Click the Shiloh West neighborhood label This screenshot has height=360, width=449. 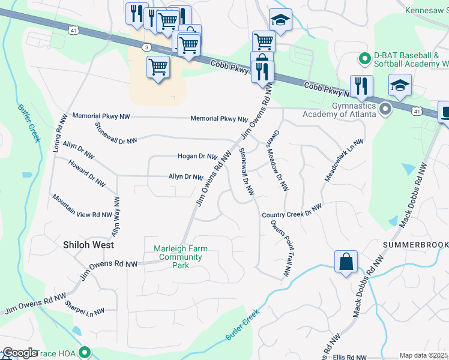click(88, 245)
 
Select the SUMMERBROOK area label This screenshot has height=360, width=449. click(416, 246)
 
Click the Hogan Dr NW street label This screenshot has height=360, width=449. click(197, 156)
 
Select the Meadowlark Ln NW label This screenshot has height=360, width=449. click(345, 161)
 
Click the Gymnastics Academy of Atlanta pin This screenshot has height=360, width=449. click(385, 109)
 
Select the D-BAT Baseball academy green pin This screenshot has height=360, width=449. click(364, 59)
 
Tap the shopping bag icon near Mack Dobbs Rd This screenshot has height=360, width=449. click(346, 262)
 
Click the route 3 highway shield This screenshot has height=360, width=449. click(147, 47)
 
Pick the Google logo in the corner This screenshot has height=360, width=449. click(20, 353)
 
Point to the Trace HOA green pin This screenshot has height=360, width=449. click(85, 353)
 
